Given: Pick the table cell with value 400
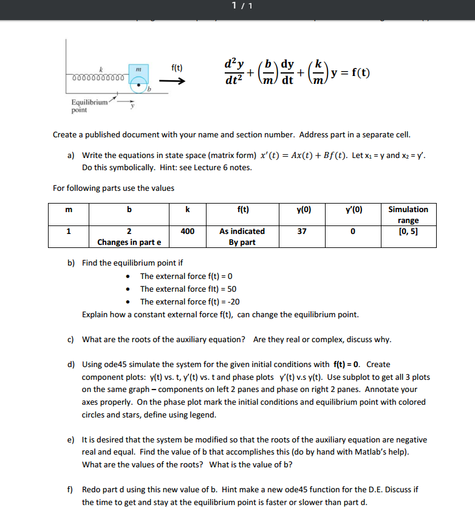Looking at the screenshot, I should click(188, 231).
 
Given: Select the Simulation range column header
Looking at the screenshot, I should click(408, 215).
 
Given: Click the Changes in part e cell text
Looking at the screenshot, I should click(128, 242).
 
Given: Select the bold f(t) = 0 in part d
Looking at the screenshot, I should click(347, 364).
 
